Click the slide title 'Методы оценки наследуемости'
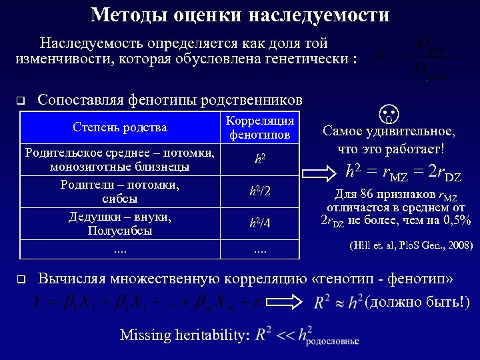tap(240, 15)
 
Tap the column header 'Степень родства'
tap(120, 127)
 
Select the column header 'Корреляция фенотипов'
tap(260, 127)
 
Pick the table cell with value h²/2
tap(260, 192)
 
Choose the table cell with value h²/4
tap(260, 224)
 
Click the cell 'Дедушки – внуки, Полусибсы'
tap(120, 224)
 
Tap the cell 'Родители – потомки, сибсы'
tap(120, 192)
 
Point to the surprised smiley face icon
tap(389, 114)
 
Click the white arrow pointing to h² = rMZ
tap(324, 172)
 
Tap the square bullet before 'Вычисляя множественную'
tap(20, 279)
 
